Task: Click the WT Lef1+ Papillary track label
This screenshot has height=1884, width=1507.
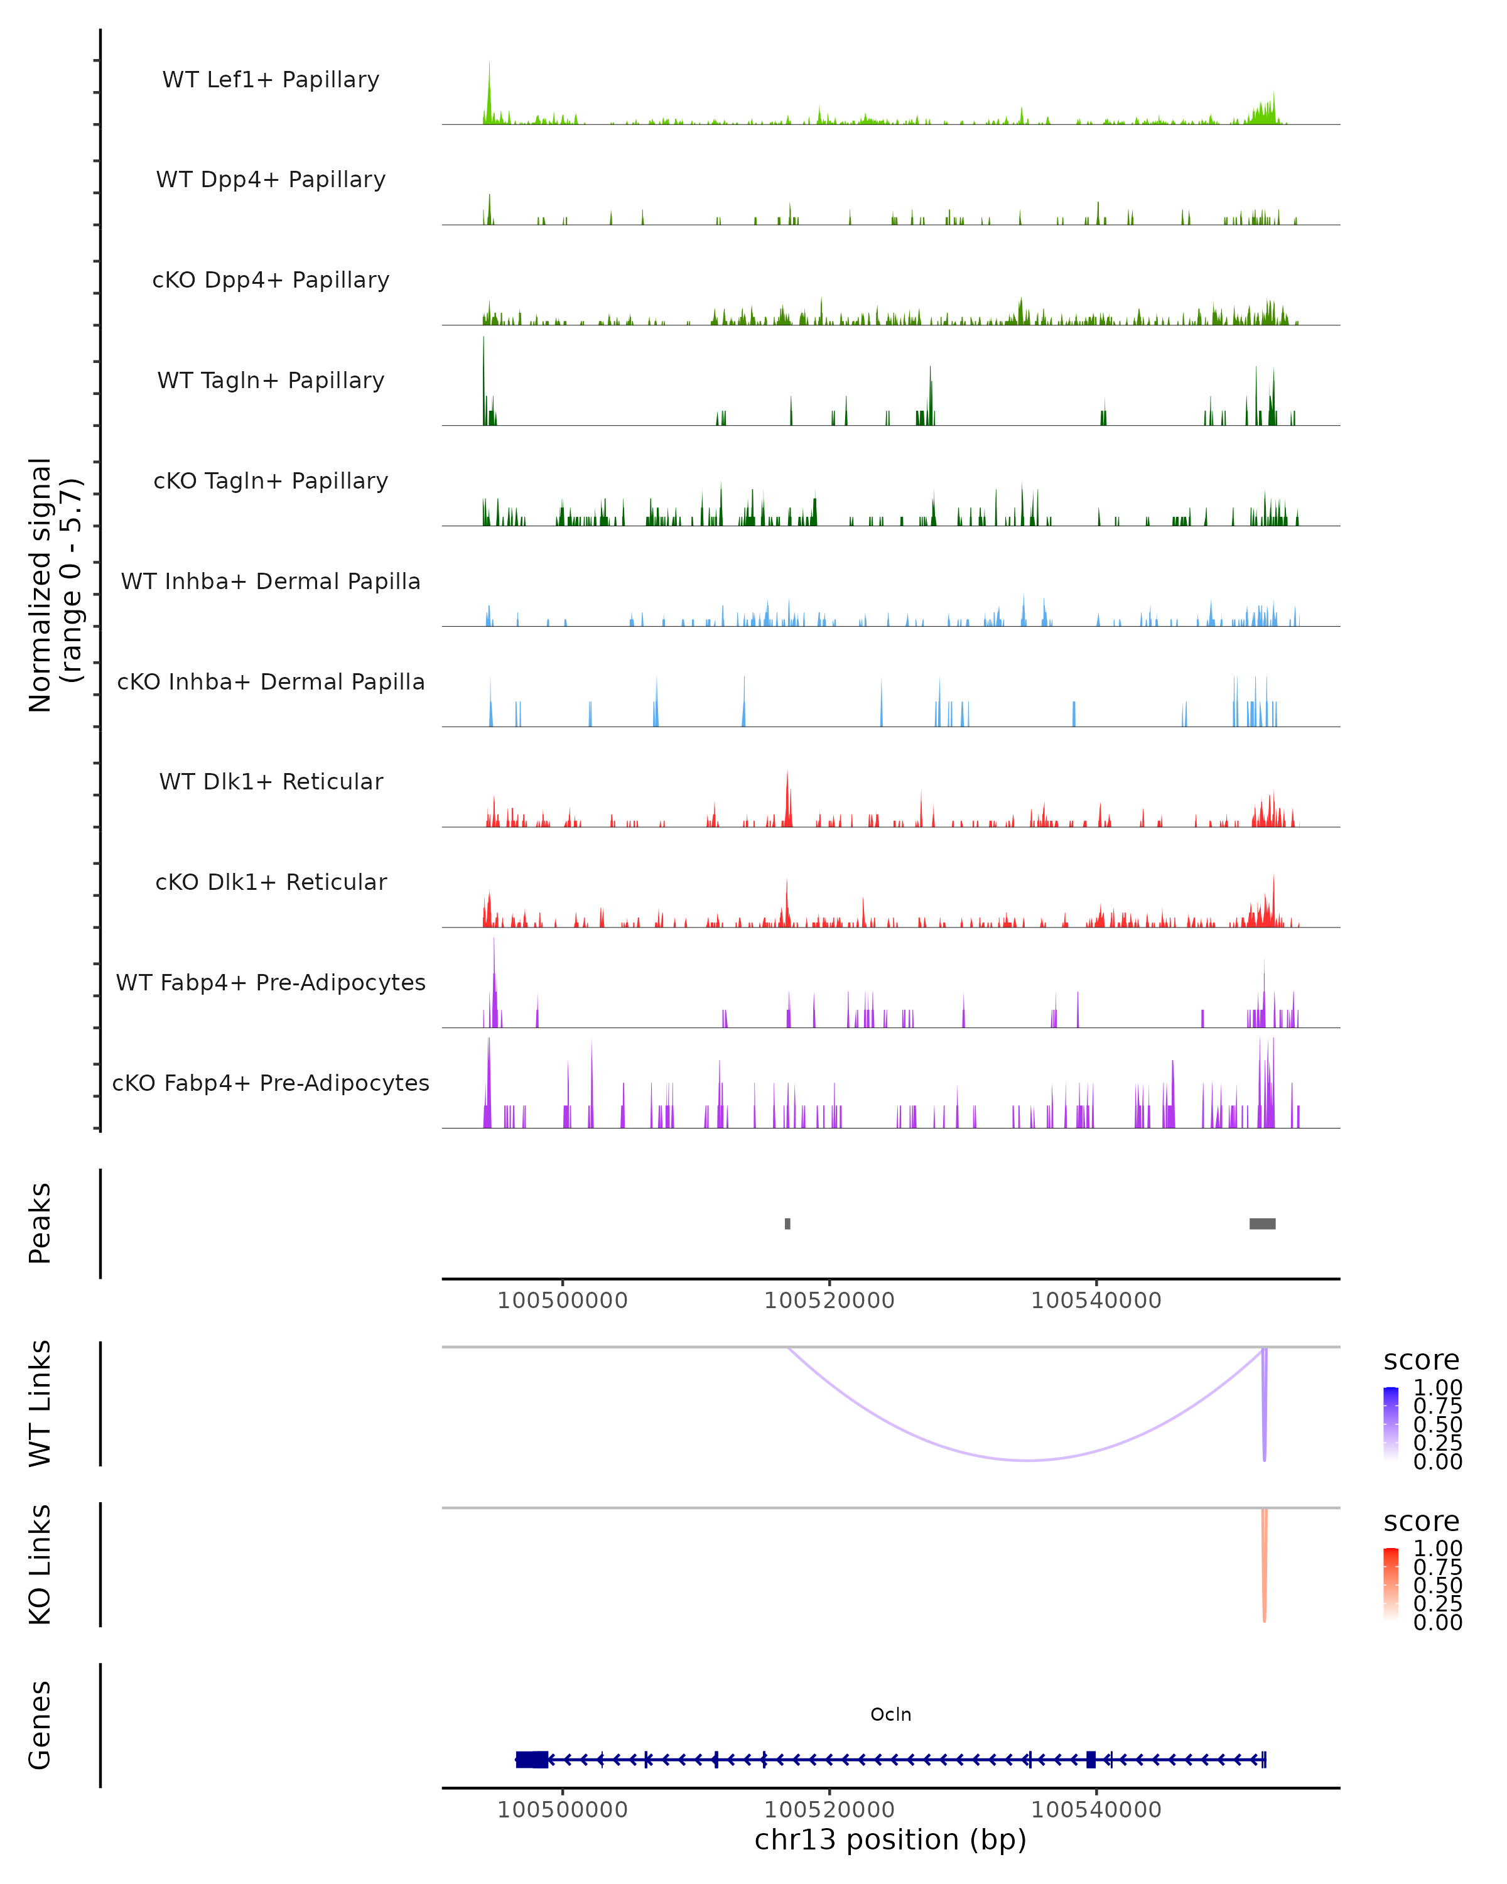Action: coord(271,80)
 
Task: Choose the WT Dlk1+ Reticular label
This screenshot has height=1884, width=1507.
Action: coord(271,781)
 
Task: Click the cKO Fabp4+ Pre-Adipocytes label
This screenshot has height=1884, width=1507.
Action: coord(271,1083)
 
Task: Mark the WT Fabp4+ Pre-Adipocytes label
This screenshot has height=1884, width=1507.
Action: coord(271,982)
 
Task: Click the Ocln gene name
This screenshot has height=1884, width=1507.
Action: coord(890,1714)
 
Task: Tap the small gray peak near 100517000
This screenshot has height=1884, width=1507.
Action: coord(787,1223)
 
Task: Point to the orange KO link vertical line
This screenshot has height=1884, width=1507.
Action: coord(1264,1564)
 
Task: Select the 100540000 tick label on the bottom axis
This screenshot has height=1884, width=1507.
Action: coord(1096,1810)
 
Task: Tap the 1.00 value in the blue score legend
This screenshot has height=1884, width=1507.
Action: coord(1437,1388)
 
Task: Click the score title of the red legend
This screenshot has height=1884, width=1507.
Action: coord(1422,1522)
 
